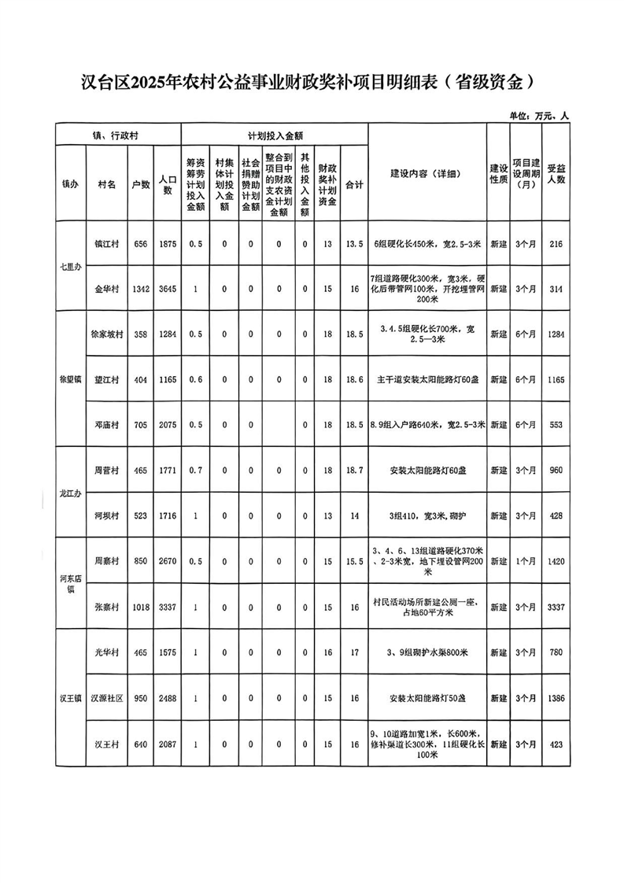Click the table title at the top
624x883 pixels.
click(x=312, y=81)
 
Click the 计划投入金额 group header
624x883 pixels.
click(x=275, y=135)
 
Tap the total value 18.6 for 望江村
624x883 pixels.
click(x=355, y=379)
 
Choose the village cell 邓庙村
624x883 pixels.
click(x=107, y=424)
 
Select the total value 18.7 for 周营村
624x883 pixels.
click(x=355, y=470)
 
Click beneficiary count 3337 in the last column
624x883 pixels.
click(x=556, y=607)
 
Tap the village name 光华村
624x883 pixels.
click(x=107, y=652)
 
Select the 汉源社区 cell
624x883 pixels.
click(x=107, y=698)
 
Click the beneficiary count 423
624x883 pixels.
click(x=556, y=744)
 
